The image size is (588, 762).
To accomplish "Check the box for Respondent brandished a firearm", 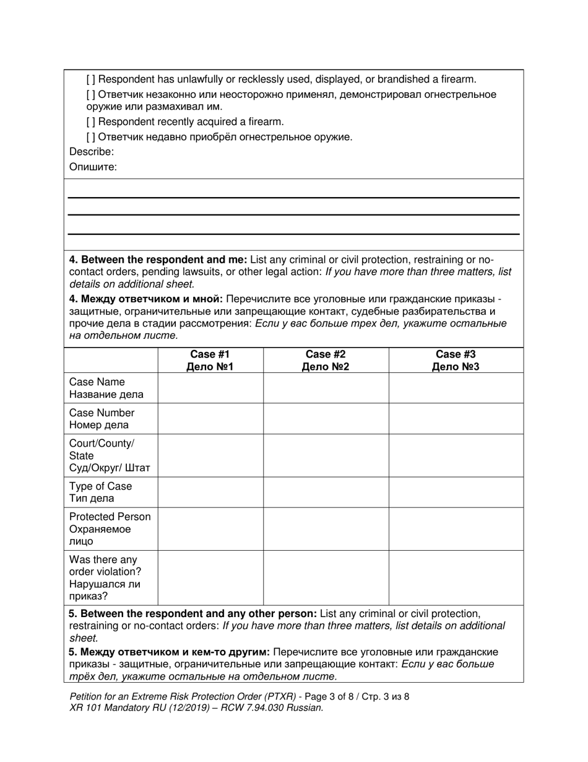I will tap(91, 79).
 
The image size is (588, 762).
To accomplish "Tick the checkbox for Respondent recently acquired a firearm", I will tap(91, 122).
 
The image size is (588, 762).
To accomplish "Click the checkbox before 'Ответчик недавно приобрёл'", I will tap(91, 137).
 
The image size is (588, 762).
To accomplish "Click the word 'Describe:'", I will tap(92, 152).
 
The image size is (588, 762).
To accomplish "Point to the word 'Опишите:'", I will tap(93, 167).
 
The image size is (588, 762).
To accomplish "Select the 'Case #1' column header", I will tap(210, 360).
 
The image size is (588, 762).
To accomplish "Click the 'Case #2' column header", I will tap(326, 360).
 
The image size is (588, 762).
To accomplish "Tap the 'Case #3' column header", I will tap(456, 360).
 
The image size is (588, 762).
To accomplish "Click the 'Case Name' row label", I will tap(106, 388).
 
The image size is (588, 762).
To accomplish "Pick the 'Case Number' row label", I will tap(102, 419).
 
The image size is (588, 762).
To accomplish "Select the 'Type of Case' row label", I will tap(100, 492).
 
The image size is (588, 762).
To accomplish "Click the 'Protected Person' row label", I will tap(110, 528).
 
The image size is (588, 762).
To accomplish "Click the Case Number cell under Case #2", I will tap(326, 419).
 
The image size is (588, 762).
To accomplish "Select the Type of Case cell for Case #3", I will tap(456, 492).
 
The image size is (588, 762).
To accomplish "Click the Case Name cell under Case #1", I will tap(210, 388).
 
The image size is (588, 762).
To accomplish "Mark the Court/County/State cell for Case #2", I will tap(326, 455).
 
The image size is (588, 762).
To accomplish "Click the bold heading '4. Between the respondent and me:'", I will tap(158, 260).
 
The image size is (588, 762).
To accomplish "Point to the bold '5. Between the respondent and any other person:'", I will tap(192, 613).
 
